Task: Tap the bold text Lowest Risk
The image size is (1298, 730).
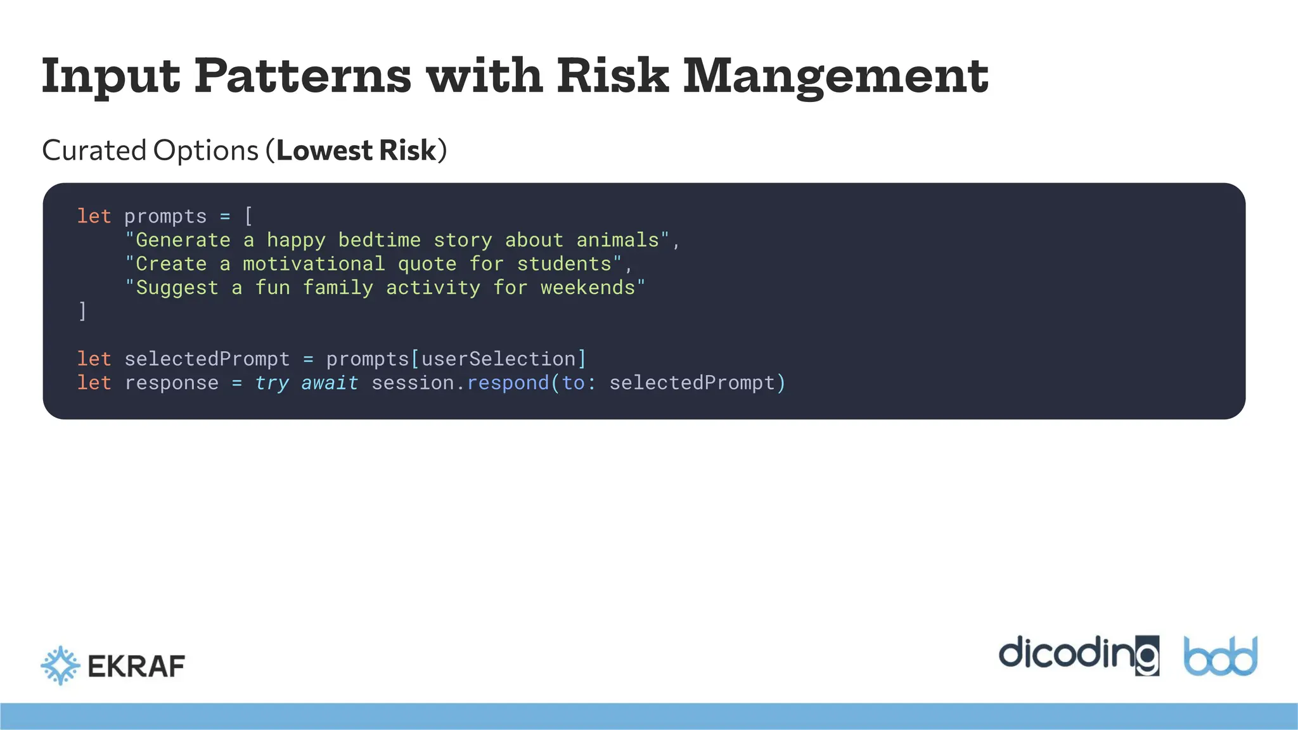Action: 356,151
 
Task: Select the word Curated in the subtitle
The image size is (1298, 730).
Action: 94,151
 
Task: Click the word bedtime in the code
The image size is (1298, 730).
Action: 379,240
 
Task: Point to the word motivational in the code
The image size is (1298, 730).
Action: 314,264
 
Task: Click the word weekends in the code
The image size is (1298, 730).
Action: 588,288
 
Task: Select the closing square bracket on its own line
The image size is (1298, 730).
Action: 82,311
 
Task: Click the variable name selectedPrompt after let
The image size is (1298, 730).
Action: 207,359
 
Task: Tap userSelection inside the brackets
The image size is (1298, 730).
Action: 498,359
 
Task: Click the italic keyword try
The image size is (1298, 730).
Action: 272,383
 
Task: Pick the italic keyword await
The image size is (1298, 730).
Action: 330,383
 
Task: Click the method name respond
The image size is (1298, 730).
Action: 508,383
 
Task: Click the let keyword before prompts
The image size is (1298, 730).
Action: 94,217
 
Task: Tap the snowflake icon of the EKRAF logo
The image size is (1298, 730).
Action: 61,665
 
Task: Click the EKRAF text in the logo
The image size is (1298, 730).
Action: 136,667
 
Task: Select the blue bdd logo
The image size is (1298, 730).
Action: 1220,656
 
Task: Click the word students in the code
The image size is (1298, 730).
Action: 564,264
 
